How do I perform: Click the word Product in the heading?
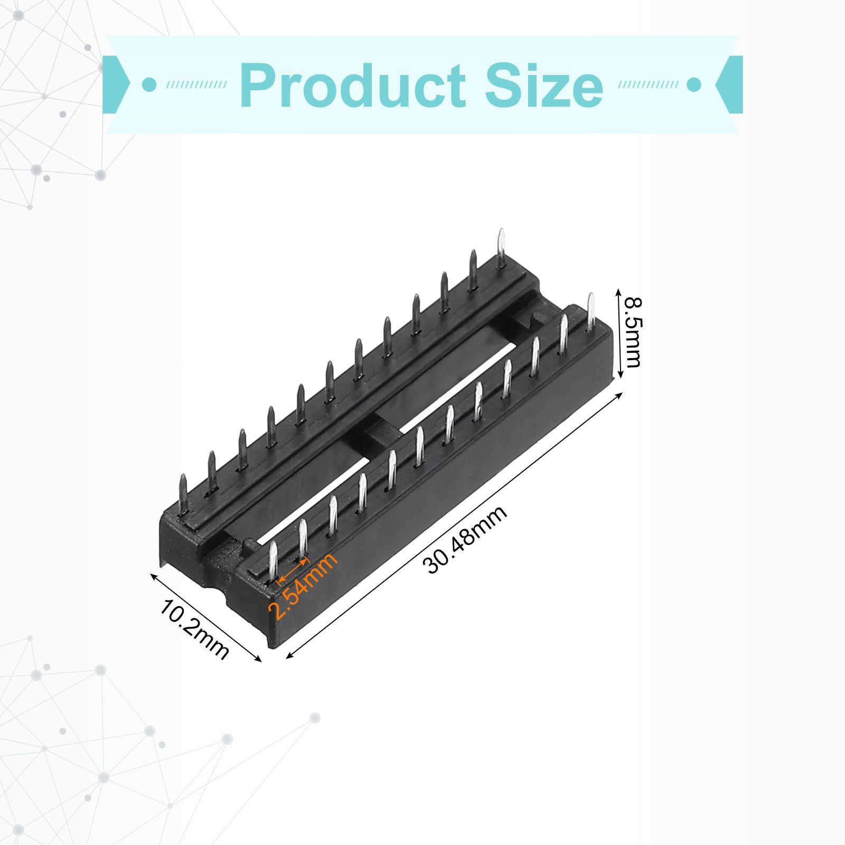tap(353, 86)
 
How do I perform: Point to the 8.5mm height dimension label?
tap(633, 332)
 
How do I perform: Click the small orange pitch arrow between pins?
tap(293, 570)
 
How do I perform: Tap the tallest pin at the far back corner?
tap(501, 249)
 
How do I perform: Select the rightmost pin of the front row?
tap(590, 312)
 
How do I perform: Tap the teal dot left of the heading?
tap(150, 84)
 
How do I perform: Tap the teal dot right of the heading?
tap(693, 84)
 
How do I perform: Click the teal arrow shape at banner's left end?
tap(116, 84)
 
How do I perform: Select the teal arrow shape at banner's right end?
tap(729, 84)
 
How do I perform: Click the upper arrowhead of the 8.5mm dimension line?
tap(620, 291)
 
